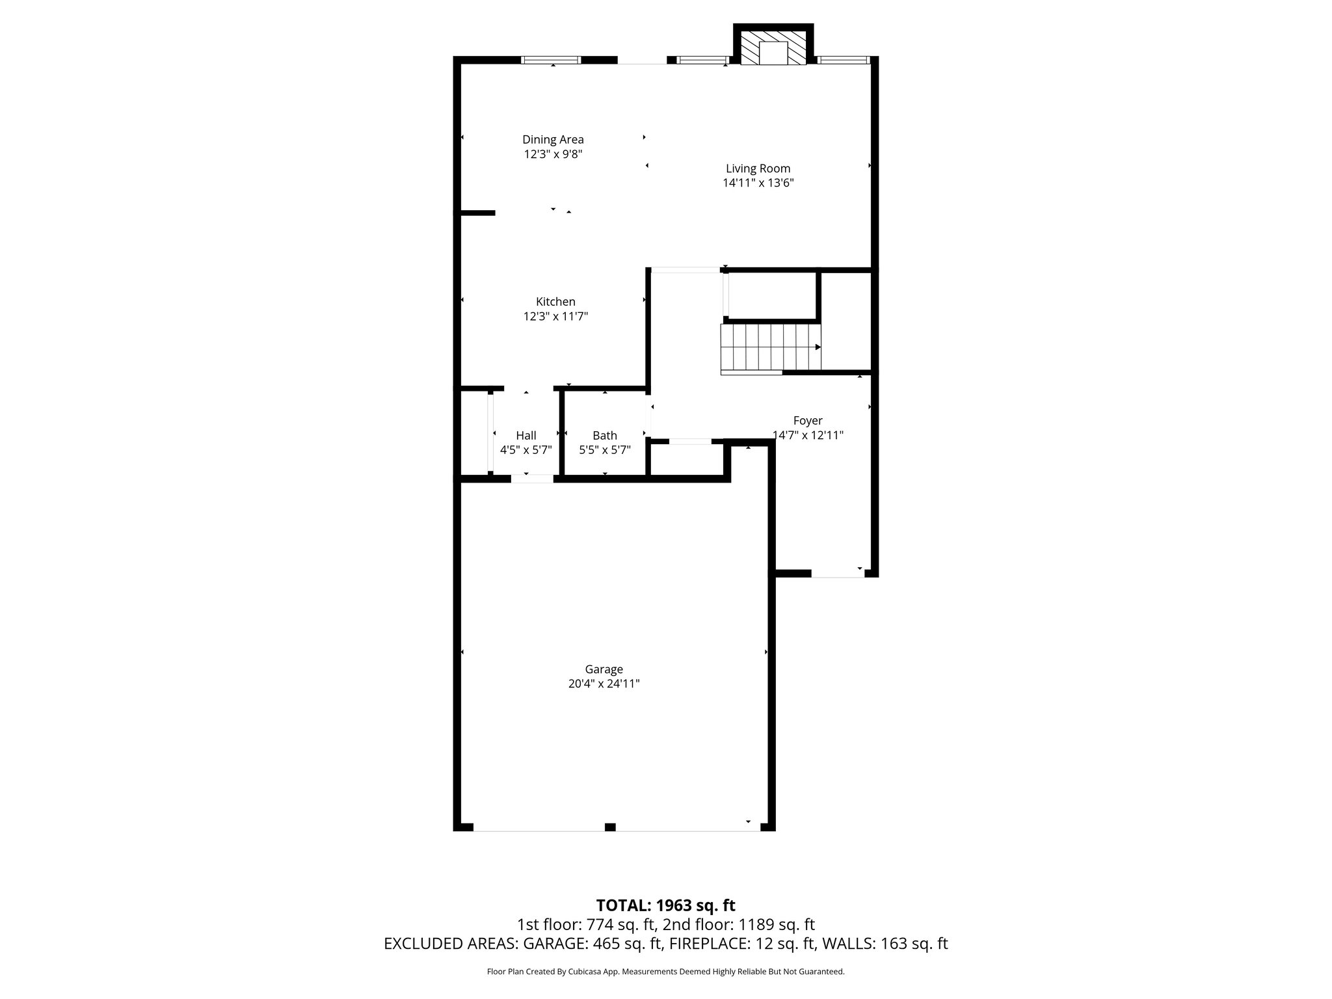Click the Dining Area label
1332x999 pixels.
[x=553, y=139]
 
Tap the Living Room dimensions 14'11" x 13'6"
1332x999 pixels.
[x=758, y=183]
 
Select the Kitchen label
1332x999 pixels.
[x=555, y=302]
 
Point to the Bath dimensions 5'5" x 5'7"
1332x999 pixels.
[x=605, y=449]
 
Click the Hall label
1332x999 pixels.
[x=526, y=436]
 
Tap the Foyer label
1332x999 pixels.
[x=807, y=421]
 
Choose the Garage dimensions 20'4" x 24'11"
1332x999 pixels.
[x=604, y=684]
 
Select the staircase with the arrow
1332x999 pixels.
[x=770, y=347]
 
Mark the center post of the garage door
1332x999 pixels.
[x=610, y=827]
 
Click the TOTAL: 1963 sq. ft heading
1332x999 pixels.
[x=665, y=905]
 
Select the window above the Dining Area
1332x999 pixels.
[x=551, y=60]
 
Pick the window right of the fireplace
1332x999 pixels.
[x=843, y=60]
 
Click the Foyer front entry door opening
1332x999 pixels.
[x=837, y=573]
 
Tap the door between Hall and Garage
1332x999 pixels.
[x=532, y=479]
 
